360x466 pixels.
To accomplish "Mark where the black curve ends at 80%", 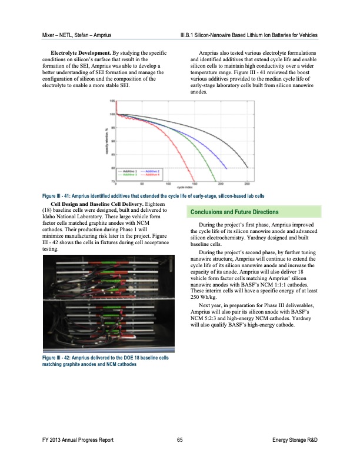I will [x=248, y=168].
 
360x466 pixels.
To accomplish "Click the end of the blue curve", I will [x=227, y=168].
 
